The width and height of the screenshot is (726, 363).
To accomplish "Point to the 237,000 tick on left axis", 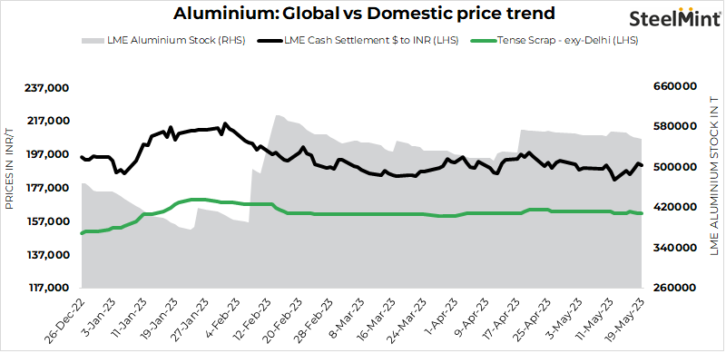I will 48,87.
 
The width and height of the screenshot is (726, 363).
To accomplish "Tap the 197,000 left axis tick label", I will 48,154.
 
